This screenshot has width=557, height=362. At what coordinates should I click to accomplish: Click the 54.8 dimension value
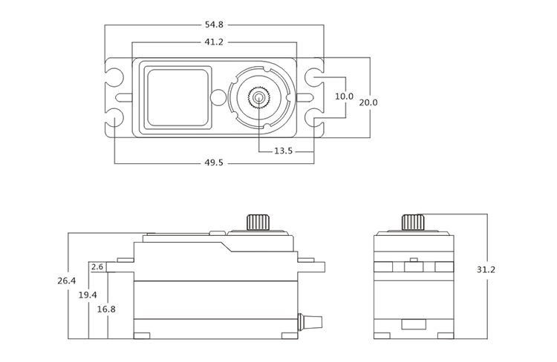(x=214, y=26)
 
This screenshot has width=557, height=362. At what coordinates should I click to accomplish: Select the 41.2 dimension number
(x=214, y=42)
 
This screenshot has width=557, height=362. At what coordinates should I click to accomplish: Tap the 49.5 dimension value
(x=214, y=162)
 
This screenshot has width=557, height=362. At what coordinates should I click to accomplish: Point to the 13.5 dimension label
(x=284, y=151)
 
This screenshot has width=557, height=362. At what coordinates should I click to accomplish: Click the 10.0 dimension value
(x=344, y=96)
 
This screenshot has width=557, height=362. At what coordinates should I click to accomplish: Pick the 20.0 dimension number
(x=369, y=102)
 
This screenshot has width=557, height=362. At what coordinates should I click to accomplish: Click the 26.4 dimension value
(x=66, y=281)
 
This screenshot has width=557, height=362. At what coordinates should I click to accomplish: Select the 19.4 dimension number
(x=87, y=295)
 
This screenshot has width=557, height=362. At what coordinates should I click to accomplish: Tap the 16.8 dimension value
(x=106, y=309)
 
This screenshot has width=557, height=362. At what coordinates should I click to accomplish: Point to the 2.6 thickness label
(x=97, y=267)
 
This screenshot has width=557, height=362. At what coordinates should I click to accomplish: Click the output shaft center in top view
(x=258, y=96)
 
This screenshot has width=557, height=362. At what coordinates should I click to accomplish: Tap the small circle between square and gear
(x=217, y=96)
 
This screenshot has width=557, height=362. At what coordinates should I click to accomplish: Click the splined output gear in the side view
(x=258, y=222)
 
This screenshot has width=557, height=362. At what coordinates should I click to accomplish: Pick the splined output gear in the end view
(x=413, y=222)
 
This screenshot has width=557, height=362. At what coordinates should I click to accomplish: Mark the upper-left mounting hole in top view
(x=115, y=76)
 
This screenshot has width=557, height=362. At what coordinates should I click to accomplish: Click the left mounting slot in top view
(x=124, y=96)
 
